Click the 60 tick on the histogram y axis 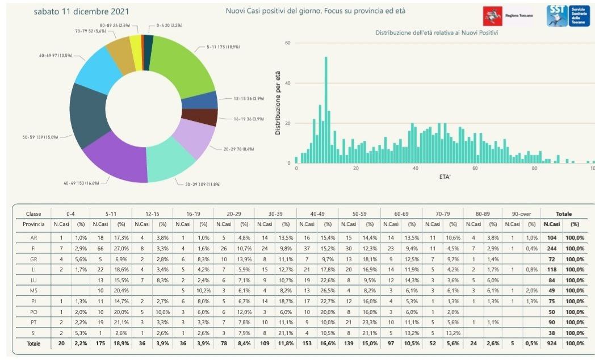click(288, 43)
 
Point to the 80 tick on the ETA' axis click(534, 169)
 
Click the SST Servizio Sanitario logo click(568, 16)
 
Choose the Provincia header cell click(34, 224)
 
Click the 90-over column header click(521, 214)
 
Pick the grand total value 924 click(551, 343)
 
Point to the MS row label click(34, 291)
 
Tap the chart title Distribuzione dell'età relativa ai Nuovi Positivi click(437, 33)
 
